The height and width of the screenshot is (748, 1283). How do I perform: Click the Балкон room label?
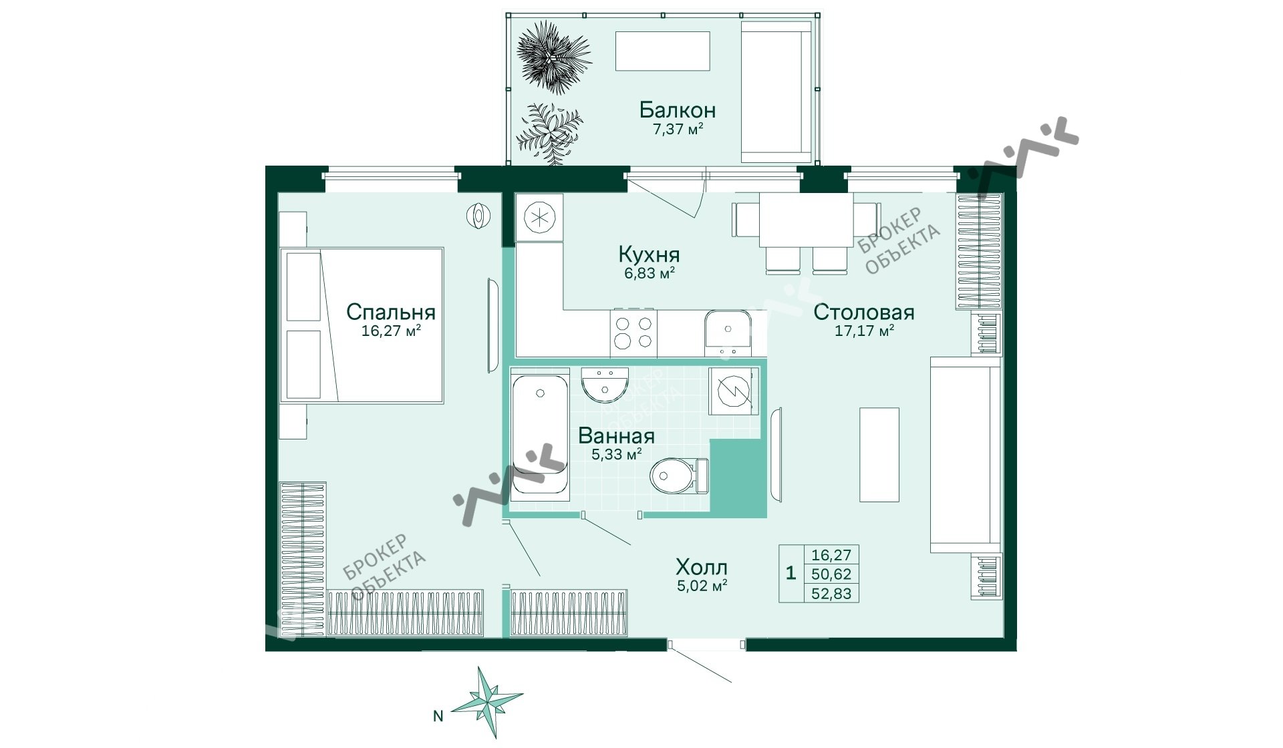677,110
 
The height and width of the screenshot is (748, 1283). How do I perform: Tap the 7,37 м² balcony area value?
678,129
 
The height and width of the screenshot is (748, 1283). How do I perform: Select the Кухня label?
649,254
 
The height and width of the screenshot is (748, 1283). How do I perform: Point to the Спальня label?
391,312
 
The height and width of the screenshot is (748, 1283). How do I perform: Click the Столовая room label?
864,312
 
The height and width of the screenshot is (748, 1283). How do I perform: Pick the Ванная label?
616,436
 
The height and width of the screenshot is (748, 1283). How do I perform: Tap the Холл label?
702,568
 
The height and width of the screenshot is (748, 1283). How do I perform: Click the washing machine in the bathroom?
734,391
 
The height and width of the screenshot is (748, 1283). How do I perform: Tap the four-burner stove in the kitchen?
633,333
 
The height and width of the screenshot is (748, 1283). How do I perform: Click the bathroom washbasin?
605,383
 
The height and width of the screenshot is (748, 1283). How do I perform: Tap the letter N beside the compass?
438,716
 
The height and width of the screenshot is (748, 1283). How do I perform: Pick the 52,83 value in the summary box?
831,593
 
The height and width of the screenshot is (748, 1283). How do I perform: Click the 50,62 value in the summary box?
831,574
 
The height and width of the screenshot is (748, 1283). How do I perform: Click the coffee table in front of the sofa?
879,455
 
